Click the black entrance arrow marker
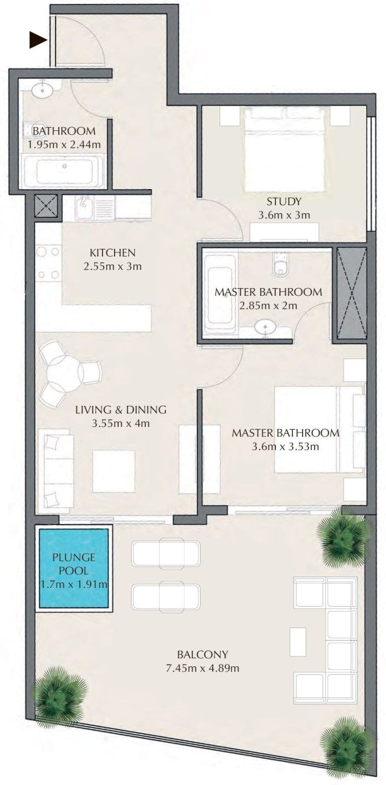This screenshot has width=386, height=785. click(38, 40)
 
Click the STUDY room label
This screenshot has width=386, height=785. click(284, 202)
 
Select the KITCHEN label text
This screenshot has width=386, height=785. click(113, 252)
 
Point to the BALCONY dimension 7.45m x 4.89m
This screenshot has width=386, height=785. click(203, 668)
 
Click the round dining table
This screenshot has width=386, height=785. click(63, 374)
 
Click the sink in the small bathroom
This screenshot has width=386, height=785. click(42, 90)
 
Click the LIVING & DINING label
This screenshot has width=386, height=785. click(121, 410)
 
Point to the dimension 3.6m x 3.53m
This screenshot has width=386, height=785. click(285, 447)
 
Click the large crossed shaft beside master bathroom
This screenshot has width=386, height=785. click(352, 294)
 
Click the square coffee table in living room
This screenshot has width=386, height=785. click(114, 472)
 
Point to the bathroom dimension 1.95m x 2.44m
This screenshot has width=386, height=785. click(64, 144)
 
